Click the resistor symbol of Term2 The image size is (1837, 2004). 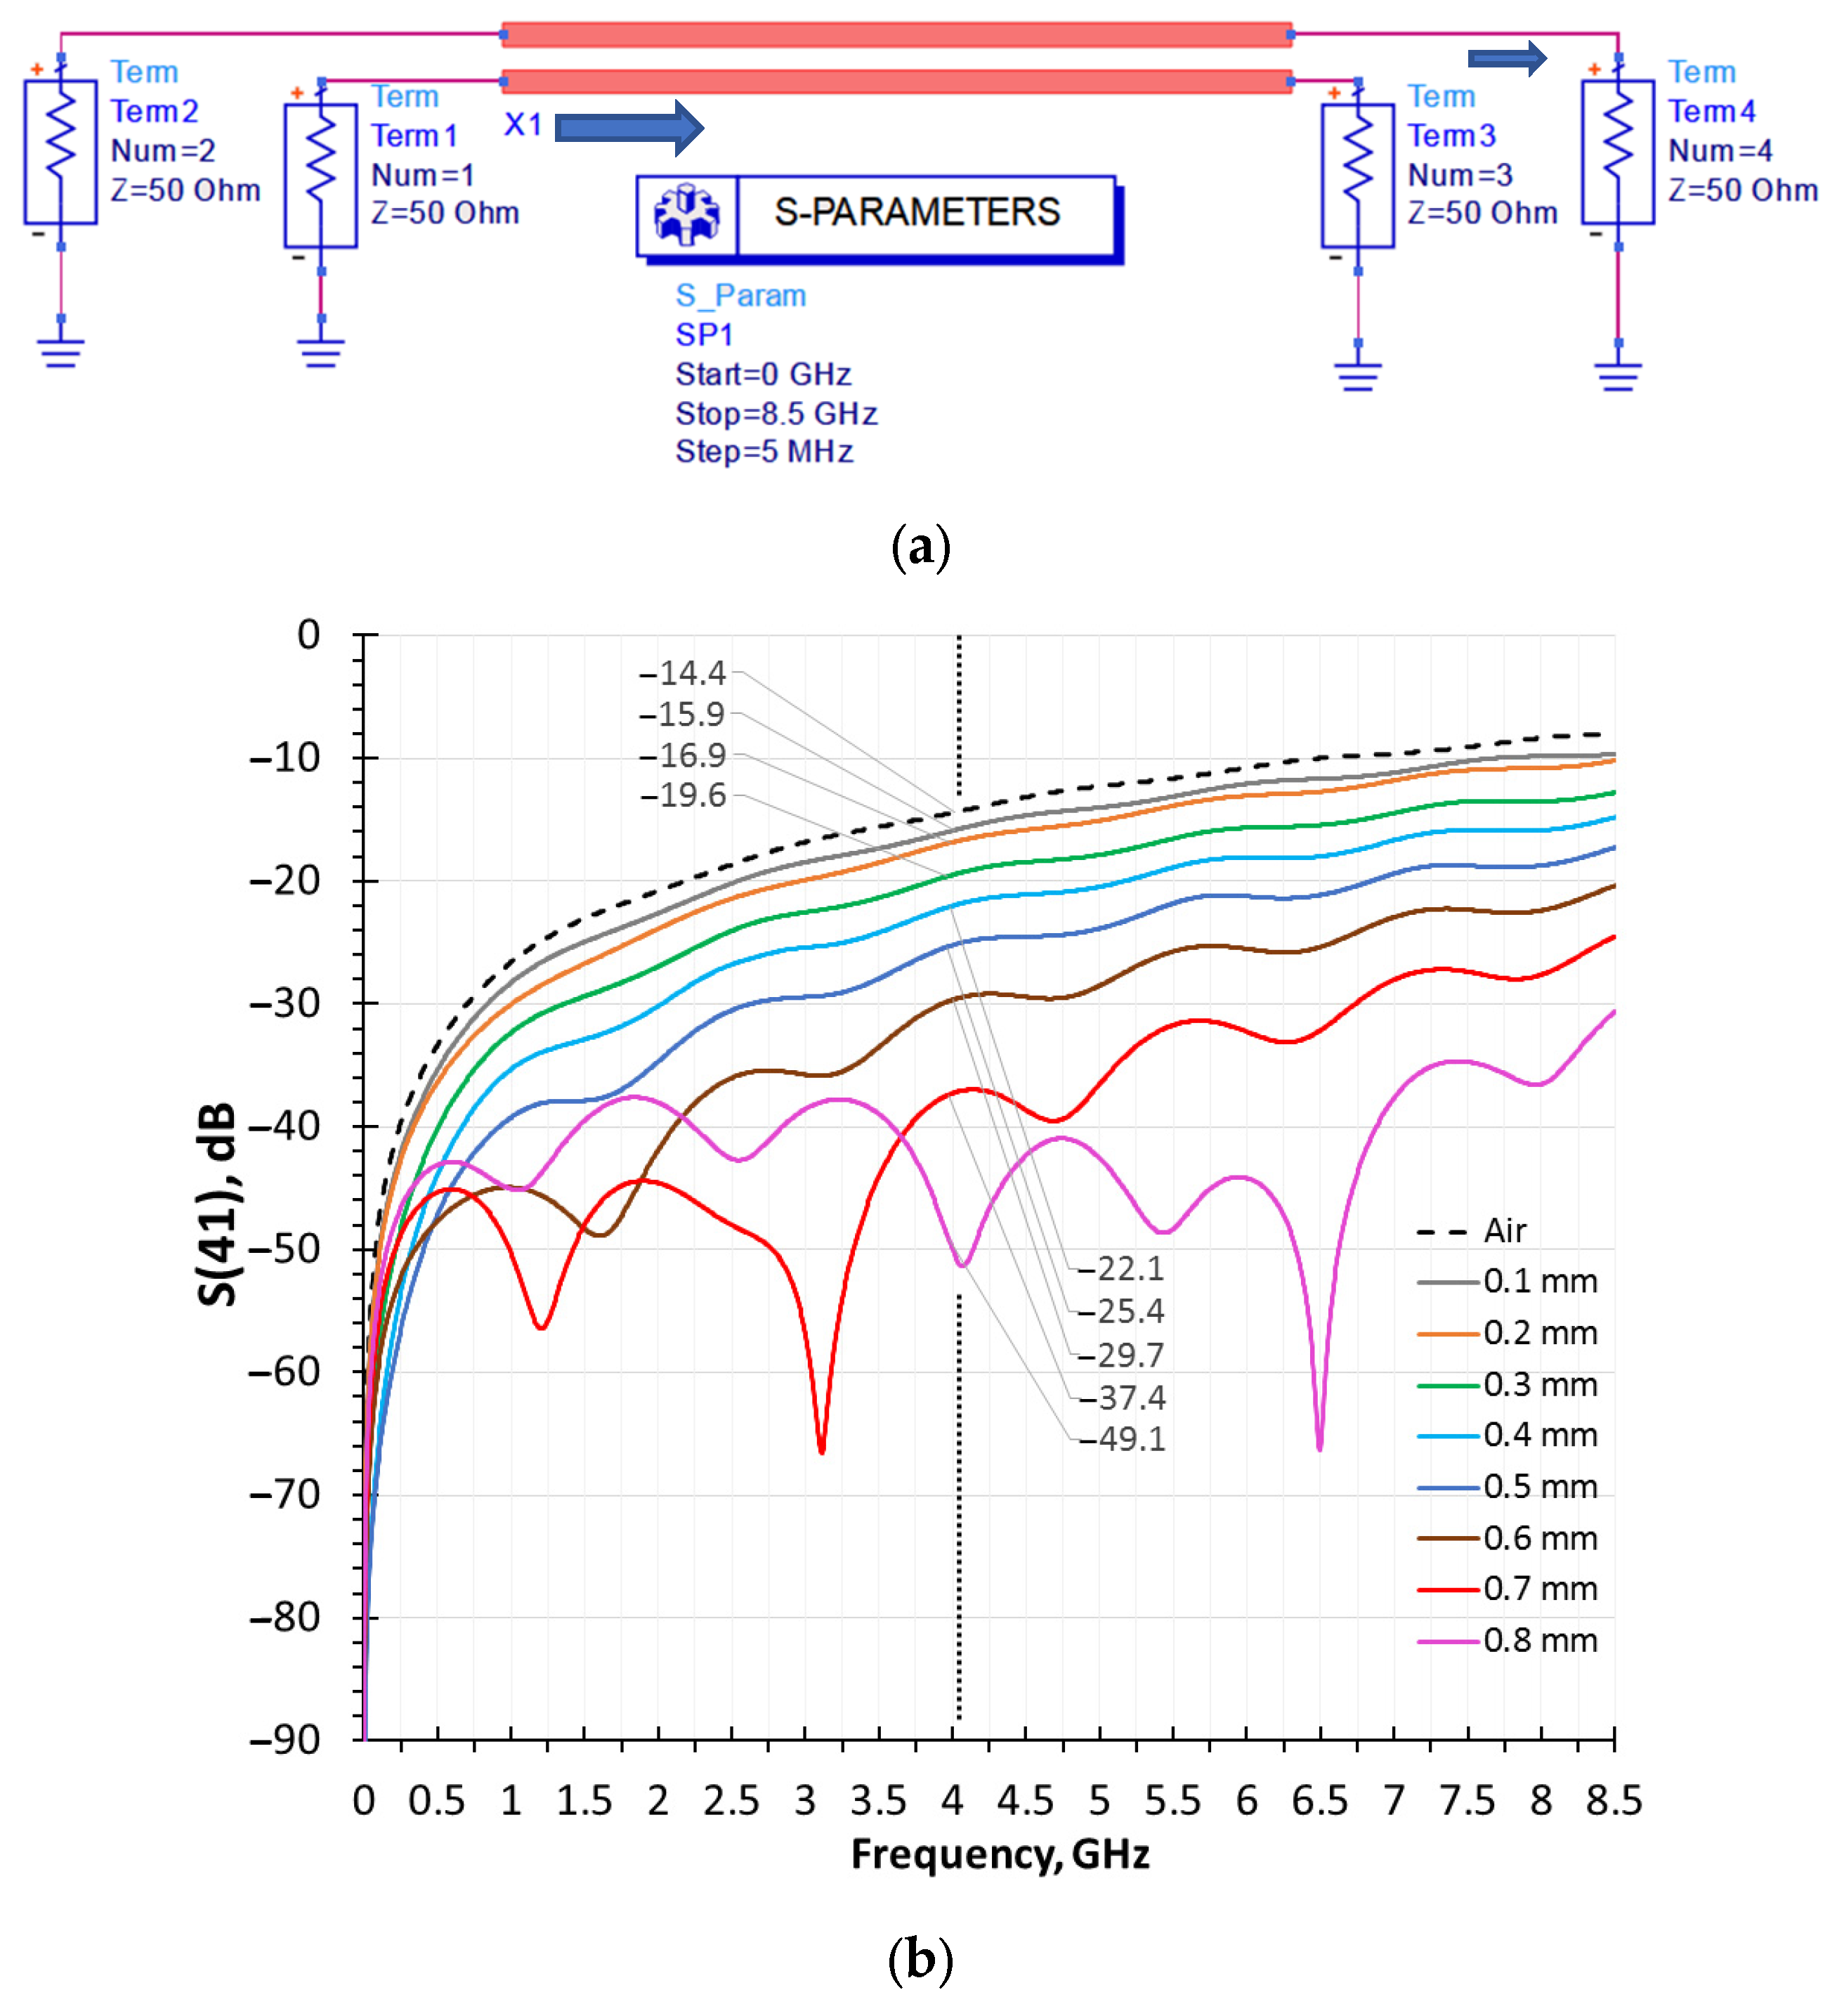60,151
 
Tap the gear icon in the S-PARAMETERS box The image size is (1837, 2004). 687,215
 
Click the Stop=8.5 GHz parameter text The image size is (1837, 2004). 776,414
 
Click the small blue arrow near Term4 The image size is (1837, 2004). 1507,58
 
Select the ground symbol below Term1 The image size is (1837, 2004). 321,352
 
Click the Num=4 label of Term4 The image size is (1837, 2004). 1720,151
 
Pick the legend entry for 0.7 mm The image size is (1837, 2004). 1508,1589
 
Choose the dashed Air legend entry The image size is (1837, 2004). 1471,1232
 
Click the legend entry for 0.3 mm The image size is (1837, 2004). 1508,1385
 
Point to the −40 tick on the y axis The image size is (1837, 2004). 285,1126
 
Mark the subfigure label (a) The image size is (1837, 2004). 920,547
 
